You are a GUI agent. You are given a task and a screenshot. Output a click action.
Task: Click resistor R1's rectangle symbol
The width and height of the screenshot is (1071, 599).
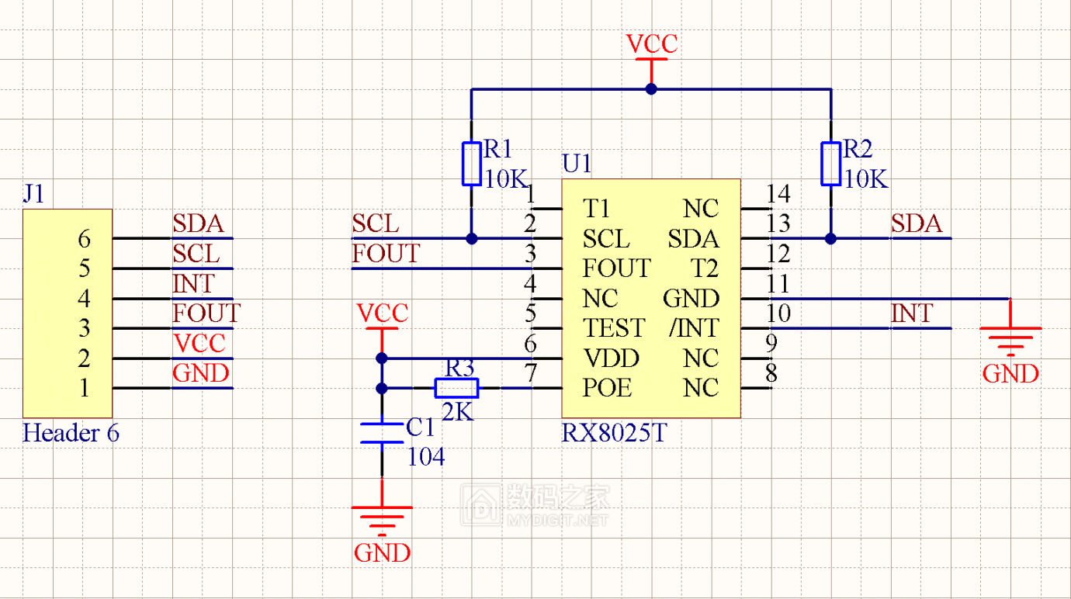point(471,164)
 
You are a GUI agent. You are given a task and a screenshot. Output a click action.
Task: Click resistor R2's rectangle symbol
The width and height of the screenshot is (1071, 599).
point(831,164)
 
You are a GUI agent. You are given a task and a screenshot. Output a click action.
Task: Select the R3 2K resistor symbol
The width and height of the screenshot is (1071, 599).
point(456,388)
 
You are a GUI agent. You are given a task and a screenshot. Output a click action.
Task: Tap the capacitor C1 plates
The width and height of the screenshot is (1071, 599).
point(381,433)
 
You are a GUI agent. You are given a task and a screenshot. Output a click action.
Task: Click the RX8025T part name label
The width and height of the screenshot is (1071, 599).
point(613,433)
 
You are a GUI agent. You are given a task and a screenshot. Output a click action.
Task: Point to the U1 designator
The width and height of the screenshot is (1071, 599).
point(577,164)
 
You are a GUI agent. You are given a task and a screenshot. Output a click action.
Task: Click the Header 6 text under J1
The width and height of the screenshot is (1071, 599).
point(71,433)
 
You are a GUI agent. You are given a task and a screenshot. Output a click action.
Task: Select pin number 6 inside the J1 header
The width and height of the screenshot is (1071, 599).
point(84,239)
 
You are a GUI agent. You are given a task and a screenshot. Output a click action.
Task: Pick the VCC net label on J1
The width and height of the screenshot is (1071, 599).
point(199,343)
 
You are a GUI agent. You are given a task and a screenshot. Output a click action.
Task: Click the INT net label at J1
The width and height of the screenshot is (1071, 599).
point(193,284)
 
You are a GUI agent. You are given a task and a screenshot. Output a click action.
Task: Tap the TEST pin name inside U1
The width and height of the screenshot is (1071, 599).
point(614,328)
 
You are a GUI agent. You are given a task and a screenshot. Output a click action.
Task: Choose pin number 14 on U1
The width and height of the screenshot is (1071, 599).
point(778,194)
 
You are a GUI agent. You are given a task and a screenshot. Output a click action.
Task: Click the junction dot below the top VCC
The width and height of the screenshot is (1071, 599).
point(651,89)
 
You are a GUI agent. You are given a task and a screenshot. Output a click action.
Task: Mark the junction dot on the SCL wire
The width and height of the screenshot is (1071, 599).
point(471,238)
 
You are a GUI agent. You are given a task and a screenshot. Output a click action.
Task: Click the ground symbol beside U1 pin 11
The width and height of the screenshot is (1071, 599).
point(1010,338)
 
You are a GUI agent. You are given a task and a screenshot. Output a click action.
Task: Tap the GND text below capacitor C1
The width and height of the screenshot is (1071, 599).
point(382,552)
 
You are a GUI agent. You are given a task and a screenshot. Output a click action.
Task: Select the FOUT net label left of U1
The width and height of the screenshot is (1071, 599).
point(386,254)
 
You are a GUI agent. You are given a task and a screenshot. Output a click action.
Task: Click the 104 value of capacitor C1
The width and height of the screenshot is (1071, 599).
point(426,457)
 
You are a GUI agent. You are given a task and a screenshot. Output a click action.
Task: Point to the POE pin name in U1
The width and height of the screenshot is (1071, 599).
point(607,388)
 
